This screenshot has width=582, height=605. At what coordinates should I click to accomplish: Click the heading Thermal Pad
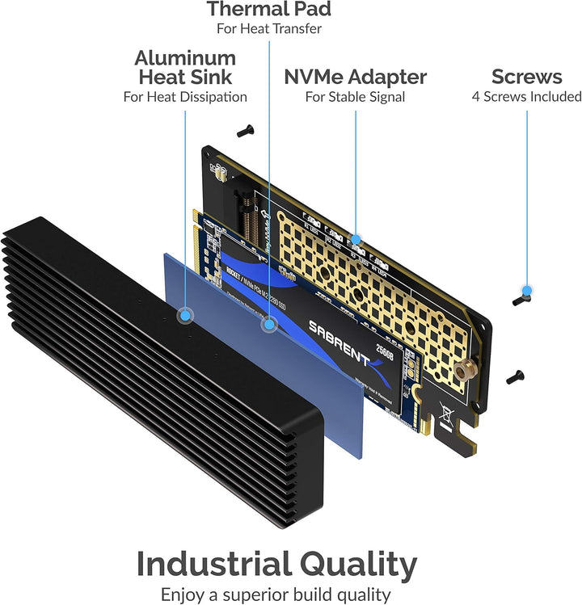tap(268, 10)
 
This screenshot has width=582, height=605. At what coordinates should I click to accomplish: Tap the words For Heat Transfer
tap(268, 29)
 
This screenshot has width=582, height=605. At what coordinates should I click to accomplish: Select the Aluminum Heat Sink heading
tap(185, 68)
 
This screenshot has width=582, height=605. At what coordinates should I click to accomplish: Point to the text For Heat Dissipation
tap(185, 97)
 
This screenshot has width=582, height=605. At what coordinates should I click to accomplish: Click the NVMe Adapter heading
tap(355, 78)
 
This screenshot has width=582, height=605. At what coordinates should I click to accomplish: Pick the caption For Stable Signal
tap(355, 98)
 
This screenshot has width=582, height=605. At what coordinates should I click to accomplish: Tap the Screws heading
tap(526, 77)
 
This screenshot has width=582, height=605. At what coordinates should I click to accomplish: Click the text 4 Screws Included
tap(526, 97)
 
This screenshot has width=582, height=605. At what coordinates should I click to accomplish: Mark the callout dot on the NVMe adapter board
tap(356, 239)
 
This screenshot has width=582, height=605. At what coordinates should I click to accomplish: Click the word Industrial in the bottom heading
tap(217, 564)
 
